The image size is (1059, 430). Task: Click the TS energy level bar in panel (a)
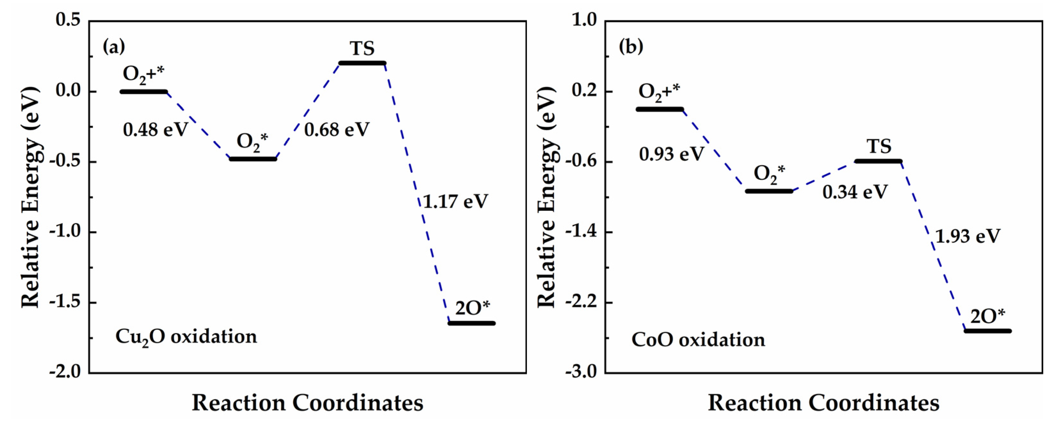pyautogui.click(x=362, y=63)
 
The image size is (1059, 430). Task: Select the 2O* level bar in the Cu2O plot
pyautogui.click(x=471, y=323)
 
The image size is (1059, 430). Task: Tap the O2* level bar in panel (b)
pyautogui.click(x=769, y=191)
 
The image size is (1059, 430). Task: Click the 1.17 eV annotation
pyautogui.click(x=456, y=202)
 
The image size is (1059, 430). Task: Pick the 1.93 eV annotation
pyautogui.click(x=968, y=236)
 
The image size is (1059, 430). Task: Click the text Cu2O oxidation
pyautogui.click(x=186, y=337)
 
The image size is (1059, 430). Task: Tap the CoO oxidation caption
pyautogui.click(x=698, y=340)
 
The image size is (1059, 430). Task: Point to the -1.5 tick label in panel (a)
pyautogui.click(x=65, y=302)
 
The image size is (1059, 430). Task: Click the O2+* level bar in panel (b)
pyautogui.click(x=660, y=109)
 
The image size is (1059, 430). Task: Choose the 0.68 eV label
pyautogui.click(x=337, y=130)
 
